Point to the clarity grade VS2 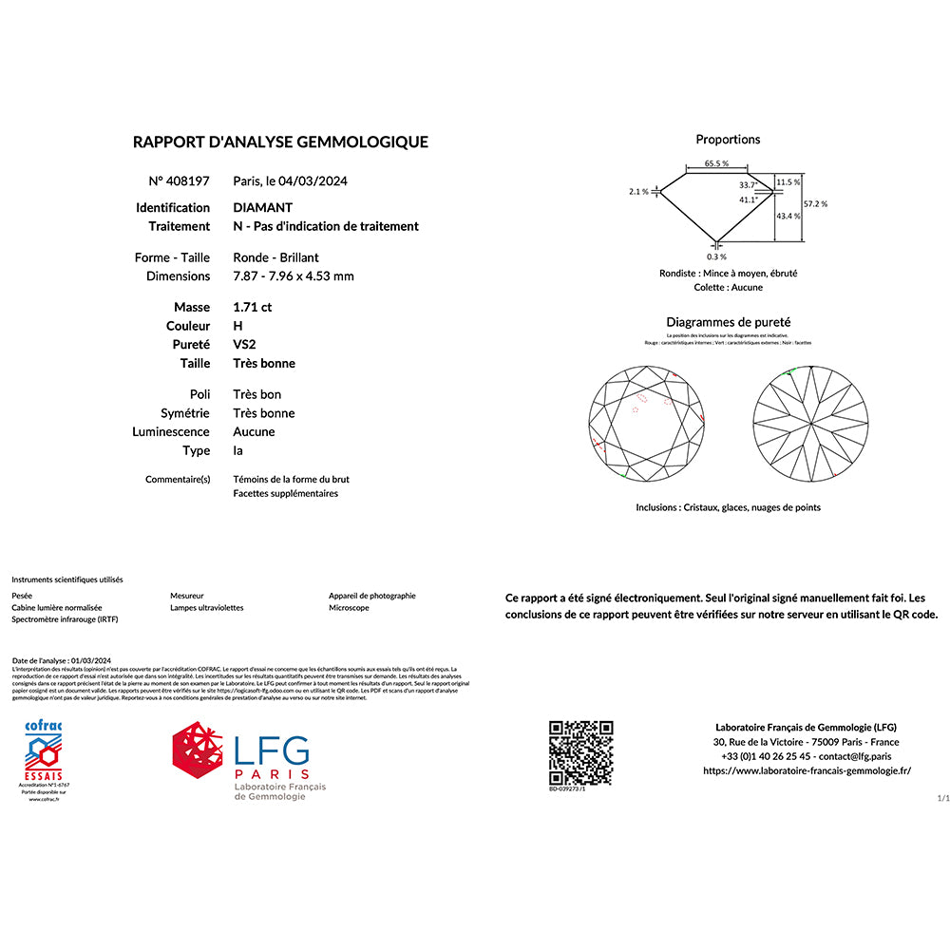pos(245,344)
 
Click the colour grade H pos(237,326)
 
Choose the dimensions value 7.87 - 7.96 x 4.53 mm pos(293,276)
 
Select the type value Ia pos(237,450)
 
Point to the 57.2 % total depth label pos(815,203)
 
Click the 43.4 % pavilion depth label pos(788,217)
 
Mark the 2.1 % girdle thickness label pos(638,192)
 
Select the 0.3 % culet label pos(716,256)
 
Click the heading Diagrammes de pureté pos(728,323)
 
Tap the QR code pos(580,751)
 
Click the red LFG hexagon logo pos(199,758)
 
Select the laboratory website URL pos(807,770)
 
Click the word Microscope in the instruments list pos(349,608)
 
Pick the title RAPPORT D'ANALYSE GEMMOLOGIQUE pos(280,142)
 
